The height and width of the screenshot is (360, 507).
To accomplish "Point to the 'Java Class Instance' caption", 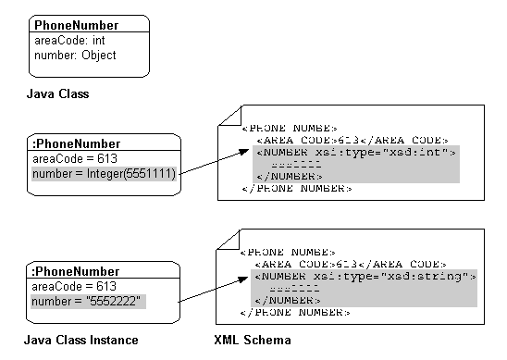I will click(80, 341).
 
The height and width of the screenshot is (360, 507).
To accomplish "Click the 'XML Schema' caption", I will click(253, 341).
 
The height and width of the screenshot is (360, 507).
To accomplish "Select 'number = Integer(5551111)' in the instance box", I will click(104, 172).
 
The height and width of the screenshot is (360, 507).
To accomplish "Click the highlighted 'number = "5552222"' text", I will click(88, 302).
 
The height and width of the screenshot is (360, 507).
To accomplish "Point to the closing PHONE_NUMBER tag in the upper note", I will click(296, 188).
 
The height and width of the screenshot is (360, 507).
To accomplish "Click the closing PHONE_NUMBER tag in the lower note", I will click(296, 313).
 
